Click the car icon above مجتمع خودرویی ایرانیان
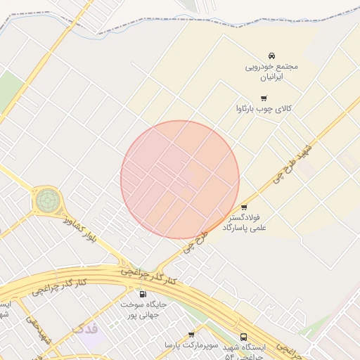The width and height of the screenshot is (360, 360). (x=272, y=56)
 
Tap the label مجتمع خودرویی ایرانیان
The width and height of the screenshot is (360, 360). (x=271, y=71)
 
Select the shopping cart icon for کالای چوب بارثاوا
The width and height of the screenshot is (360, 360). (x=264, y=98)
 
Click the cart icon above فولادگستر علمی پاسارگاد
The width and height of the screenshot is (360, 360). (x=244, y=207)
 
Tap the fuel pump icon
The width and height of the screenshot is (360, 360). (x=143, y=294)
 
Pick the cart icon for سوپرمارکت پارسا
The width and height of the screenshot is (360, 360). (x=191, y=335)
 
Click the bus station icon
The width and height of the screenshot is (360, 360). (x=244, y=337)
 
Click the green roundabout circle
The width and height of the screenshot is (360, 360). (x=47, y=200)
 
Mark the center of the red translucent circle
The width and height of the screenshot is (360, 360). (x=180, y=179)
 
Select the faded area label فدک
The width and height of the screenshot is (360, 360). (x=85, y=328)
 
